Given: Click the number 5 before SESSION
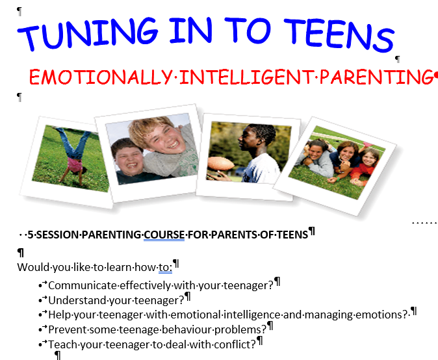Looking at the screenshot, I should [31, 234].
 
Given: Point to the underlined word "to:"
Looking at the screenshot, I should [165, 267].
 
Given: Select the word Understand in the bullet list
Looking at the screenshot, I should [79, 300].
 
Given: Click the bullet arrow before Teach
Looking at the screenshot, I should [43, 344].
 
